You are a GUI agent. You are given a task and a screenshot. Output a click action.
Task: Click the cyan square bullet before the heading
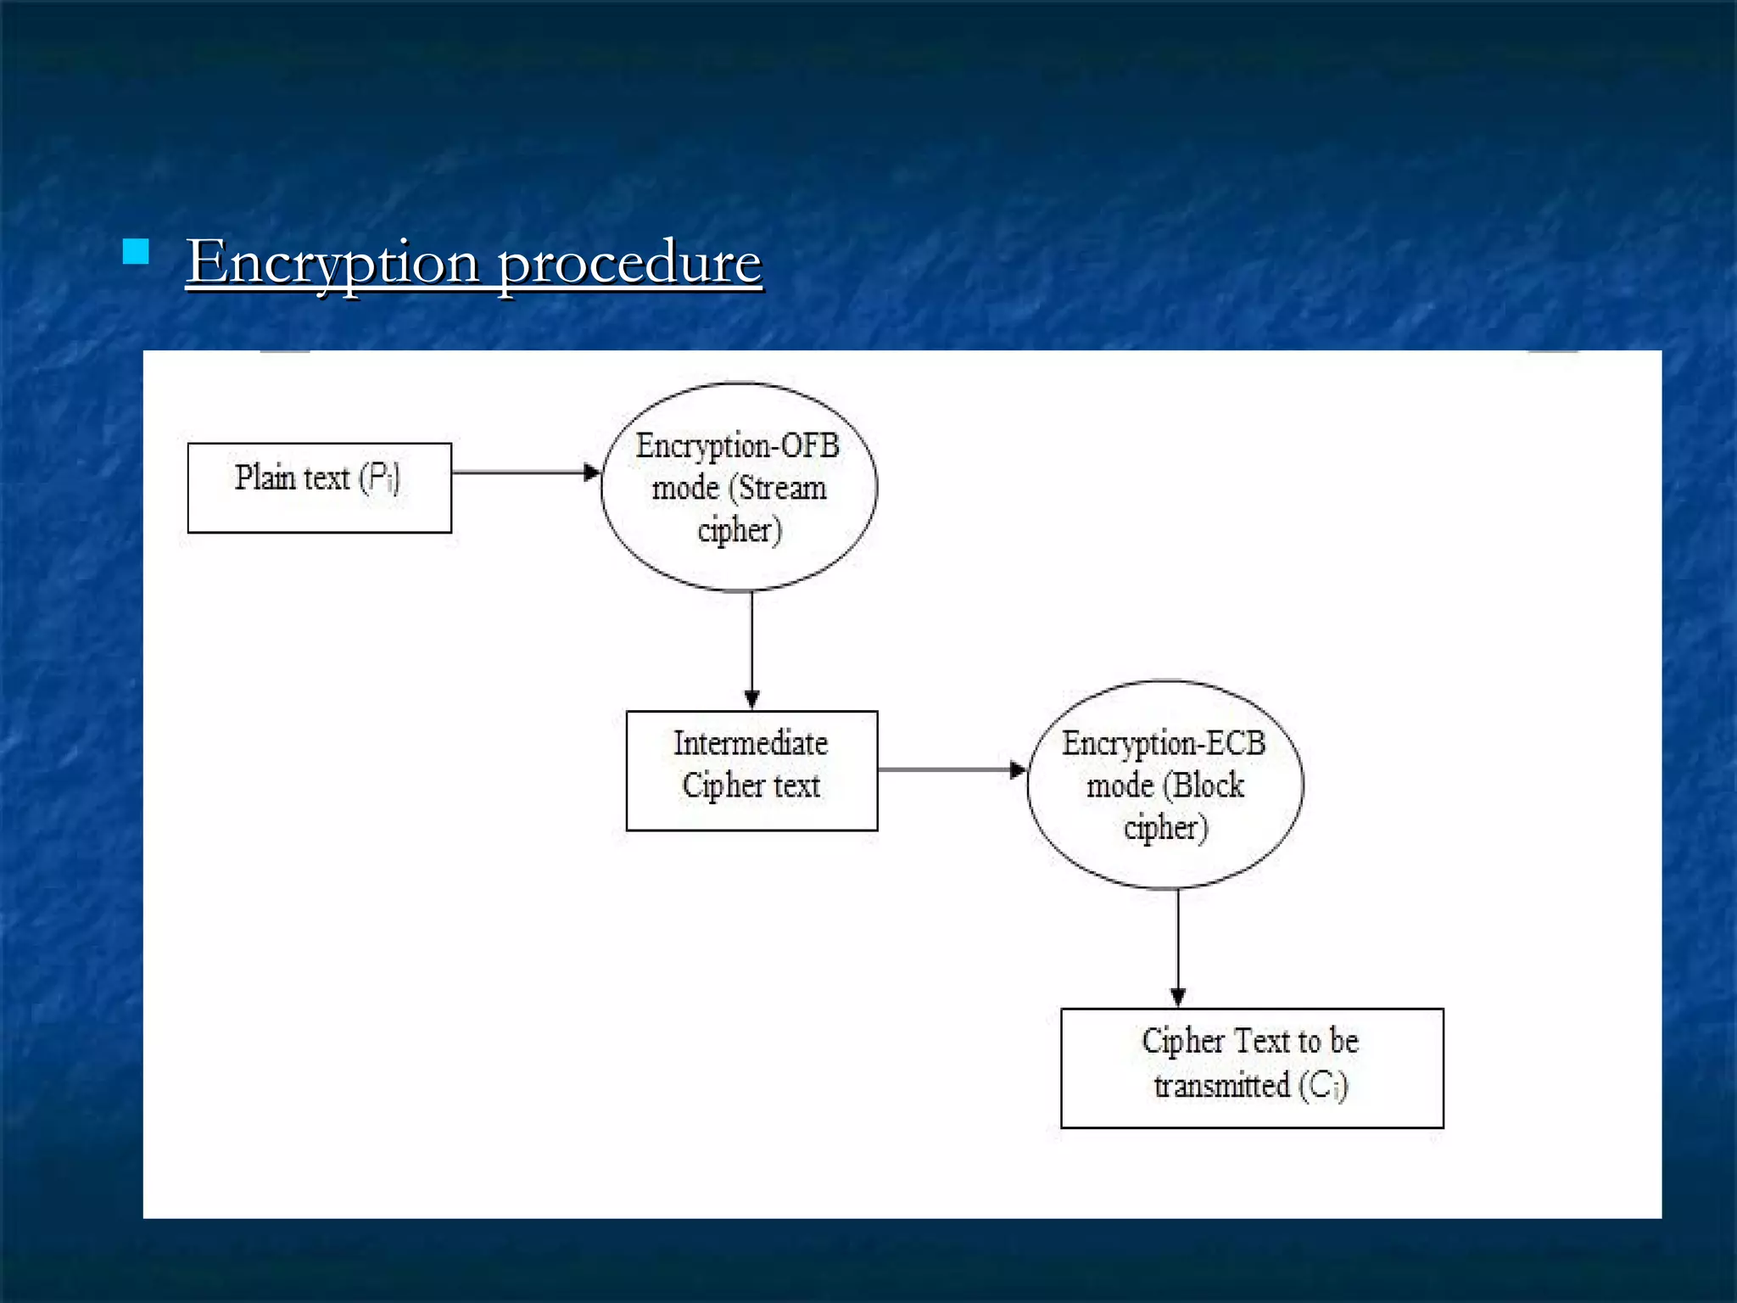click(x=136, y=252)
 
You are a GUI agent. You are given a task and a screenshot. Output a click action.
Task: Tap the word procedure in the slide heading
click(x=629, y=262)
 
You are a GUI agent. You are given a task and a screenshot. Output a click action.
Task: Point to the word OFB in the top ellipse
click(x=809, y=445)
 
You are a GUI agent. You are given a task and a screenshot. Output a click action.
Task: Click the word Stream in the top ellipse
click(x=782, y=488)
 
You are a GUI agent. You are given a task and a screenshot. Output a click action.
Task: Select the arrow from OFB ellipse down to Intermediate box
click(x=751, y=649)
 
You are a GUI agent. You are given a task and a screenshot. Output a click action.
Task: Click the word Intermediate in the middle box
click(x=751, y=744)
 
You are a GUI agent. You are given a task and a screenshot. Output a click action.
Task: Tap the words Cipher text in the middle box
click(x=751, y=786)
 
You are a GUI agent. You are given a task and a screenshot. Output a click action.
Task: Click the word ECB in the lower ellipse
click(x=1235, y=743)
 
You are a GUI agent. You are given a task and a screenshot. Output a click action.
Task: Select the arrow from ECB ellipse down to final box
click(x=1177, y=947)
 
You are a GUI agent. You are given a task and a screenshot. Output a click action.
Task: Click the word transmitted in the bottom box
click(x=1221, y=1085)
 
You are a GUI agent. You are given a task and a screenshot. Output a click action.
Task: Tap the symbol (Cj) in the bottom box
click(x=1323, y=1085)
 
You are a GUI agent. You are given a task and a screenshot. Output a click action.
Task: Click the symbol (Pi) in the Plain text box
click(x=379, y=478)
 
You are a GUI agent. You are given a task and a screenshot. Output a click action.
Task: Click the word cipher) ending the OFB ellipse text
click(x=740, y=530)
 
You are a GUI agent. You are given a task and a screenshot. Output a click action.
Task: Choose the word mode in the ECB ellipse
click(x=1120, y=786)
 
